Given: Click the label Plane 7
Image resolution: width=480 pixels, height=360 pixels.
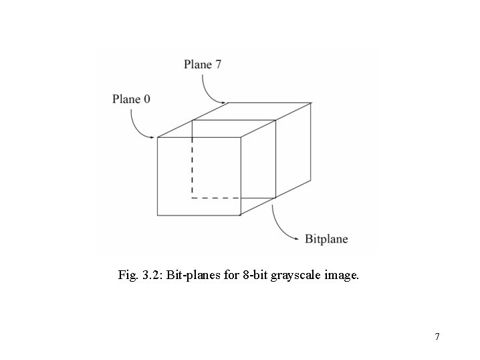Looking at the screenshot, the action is coord(203,65).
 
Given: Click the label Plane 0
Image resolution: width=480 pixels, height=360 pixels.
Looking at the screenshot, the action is coord(131,100).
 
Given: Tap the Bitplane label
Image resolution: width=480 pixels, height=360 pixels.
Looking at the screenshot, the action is coord(326,239).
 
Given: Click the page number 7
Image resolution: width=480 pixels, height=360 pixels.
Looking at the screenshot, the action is coord(437,336).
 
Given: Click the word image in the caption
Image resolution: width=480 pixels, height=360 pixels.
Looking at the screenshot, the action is coord(342,274).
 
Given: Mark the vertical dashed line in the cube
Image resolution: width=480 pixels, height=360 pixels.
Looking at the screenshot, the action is coord(193,167).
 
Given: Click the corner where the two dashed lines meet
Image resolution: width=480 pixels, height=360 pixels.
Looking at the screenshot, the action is coord(193,198).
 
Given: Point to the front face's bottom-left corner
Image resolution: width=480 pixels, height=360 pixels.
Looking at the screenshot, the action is coord(157,215).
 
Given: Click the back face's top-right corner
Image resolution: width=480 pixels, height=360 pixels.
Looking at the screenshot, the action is coord(312,103).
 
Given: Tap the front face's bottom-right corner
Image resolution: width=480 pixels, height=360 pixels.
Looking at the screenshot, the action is coord(241,215).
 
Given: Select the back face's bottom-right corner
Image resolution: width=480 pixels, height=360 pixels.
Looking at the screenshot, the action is coord(312,180).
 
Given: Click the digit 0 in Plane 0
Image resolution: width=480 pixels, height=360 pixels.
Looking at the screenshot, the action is coord(146,100).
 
